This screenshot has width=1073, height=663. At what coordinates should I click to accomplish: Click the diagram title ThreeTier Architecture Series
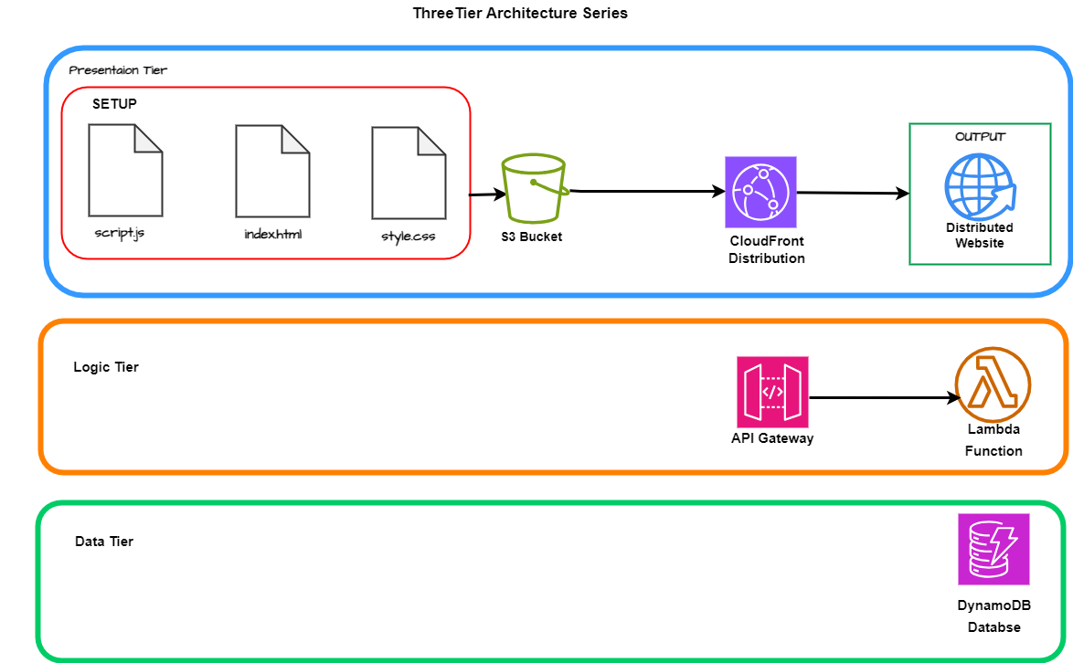coord(520,14)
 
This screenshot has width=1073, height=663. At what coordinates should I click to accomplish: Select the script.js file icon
coord(125,170)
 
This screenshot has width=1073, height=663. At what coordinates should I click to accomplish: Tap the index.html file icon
coord(272,170)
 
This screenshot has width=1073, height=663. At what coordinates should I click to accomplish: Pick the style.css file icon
coord(409,172)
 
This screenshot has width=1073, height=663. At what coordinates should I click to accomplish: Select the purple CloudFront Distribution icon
coord(760,192)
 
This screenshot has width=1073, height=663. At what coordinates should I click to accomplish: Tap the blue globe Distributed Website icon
coord(979,186)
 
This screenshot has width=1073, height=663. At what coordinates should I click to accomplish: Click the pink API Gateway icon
coord(772,392)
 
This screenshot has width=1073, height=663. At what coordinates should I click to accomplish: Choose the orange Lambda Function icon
coord(993,384)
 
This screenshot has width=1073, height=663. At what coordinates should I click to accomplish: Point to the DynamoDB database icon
coord(993,549)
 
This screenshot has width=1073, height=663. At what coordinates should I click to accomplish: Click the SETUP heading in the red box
coord(114,104)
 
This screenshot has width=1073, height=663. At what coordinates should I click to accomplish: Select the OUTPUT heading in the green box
coord(980,136)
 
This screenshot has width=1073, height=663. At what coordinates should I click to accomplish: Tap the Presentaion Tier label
coord(118,70)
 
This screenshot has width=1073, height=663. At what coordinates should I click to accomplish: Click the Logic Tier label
coord(106,367)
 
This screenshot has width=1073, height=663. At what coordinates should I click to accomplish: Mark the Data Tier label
coord(104,542)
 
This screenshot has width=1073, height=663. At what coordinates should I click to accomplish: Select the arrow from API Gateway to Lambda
coord(883,398)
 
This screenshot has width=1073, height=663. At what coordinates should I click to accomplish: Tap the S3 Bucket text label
coord(532,237)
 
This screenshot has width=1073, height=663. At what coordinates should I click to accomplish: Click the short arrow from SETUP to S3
coord(487,195)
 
